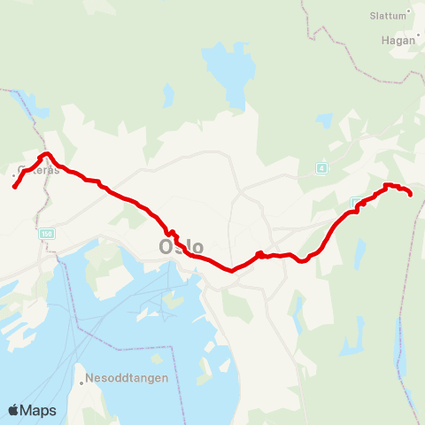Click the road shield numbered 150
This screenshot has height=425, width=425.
coord(46,233)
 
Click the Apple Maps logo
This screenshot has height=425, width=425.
coord(31,410)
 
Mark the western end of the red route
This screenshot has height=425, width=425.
coord(14,187)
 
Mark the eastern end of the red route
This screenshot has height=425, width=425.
coord(411,194)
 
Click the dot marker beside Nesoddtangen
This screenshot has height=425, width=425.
coord(81,382)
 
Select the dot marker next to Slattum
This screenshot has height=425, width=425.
coord(408,14)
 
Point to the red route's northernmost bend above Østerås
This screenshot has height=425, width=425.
coord(44,155)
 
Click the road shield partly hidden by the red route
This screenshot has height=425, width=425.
coord(355,203)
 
